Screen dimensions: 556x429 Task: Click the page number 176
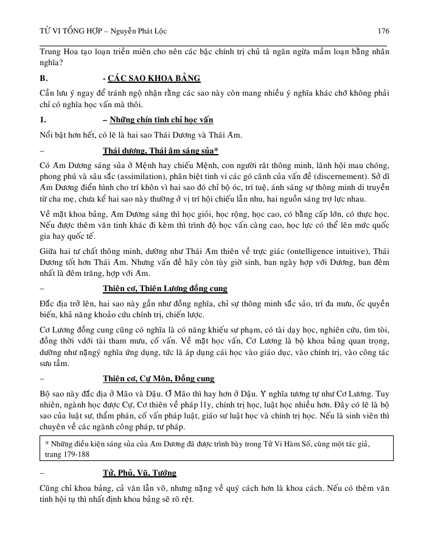(383, 31)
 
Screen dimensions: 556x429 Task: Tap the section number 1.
(41, 119)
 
